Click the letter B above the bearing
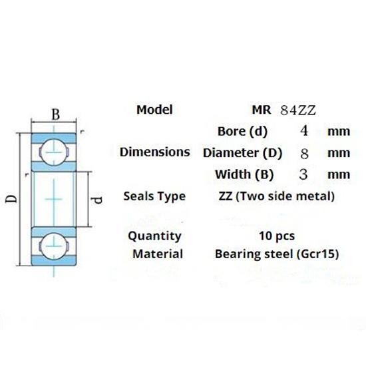pyautogui.click(x=57, y=114)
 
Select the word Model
pyautogui.click(x=154, y=110)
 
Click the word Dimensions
pyautogui.click(x=154, y=152)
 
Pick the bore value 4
pyautogui.click(x=304, y=130)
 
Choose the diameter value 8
pyautogui.click(x=304, y=153)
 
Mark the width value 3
pyautogui.click(x=304, y=175)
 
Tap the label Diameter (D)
pyautogui.click(x=242, y=153)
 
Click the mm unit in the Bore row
pyautogui.click(x=339, y=131)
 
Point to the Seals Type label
pyautogui.click(x=154, y=196)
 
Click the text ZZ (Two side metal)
pyautogui.click(x=276, y=196)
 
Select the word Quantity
pyautogui.click(x=154, y=236)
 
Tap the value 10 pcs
pyautogui.click(x=276, y=236)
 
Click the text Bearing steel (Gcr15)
pyautogui.click(x=277, y=254)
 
